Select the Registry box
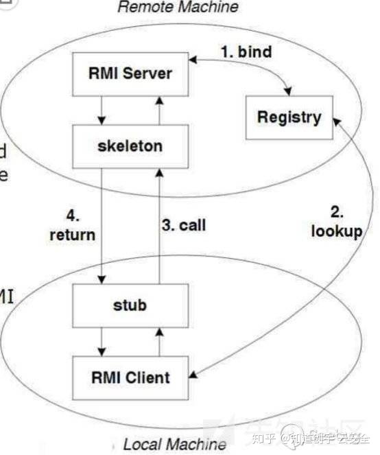(289, 117)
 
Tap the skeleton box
(130, 145)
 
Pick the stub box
(130, 304)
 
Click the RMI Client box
(130, 376)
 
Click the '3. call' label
(183, 225)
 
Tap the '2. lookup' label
(336, 222)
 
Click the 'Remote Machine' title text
(178, 8)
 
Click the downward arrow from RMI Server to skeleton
(101, 110)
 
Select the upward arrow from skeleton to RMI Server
(158, 110)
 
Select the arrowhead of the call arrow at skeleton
(158, 172)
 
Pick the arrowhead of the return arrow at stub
(101, 278)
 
